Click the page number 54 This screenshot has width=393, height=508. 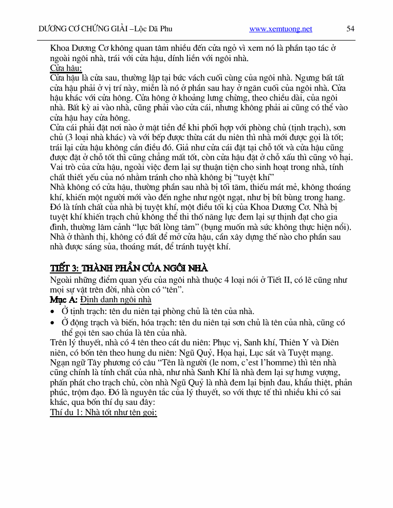point(350,29)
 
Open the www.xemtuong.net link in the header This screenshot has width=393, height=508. point(280,29)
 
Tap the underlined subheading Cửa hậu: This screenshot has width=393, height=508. point(66,68)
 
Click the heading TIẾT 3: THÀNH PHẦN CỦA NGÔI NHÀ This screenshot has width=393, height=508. point(129,268)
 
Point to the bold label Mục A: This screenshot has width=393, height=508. point(64,300)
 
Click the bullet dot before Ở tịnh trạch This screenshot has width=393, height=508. point(53,311)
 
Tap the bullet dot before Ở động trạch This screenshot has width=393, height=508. point(53,323)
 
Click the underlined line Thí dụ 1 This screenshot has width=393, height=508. point(103,412)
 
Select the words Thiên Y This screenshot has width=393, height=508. point(293,342)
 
